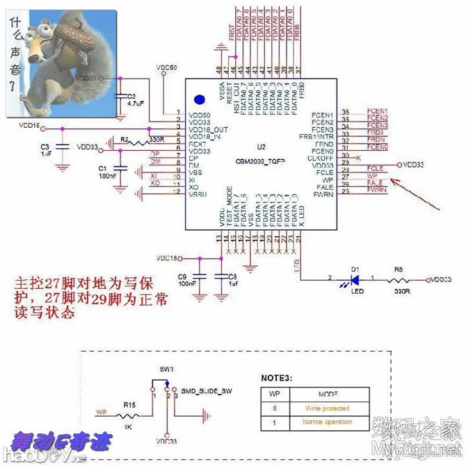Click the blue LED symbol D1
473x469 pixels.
pyautogui.click(x=354, y=279)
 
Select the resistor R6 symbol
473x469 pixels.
pyautogui.click(x=400, y=279)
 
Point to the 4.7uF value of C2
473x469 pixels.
pyautogui.click(x=136, y=103)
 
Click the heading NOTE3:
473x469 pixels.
pyautogui.click(x=277, y=378)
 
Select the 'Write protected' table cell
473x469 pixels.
pyautogui.click(x=326, y=409)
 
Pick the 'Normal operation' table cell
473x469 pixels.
pyautogui.click(x=326, y=422)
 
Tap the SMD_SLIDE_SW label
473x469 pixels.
pyautogui.click(x=207, y=391)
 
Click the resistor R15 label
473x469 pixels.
pyautogui.click(x=129, y=403)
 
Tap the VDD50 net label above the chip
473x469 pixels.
pyautogui.click(x=167, y=68)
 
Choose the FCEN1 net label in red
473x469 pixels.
pyautogui.click(x=376, y=112)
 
